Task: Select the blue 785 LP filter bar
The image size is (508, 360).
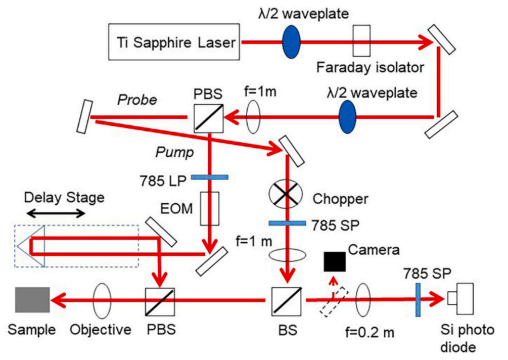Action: (210, 177)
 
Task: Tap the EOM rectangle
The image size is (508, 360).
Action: (209, 207)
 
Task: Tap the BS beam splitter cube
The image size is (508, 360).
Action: (287, 300)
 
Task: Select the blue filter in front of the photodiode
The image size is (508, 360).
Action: (418, 299)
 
